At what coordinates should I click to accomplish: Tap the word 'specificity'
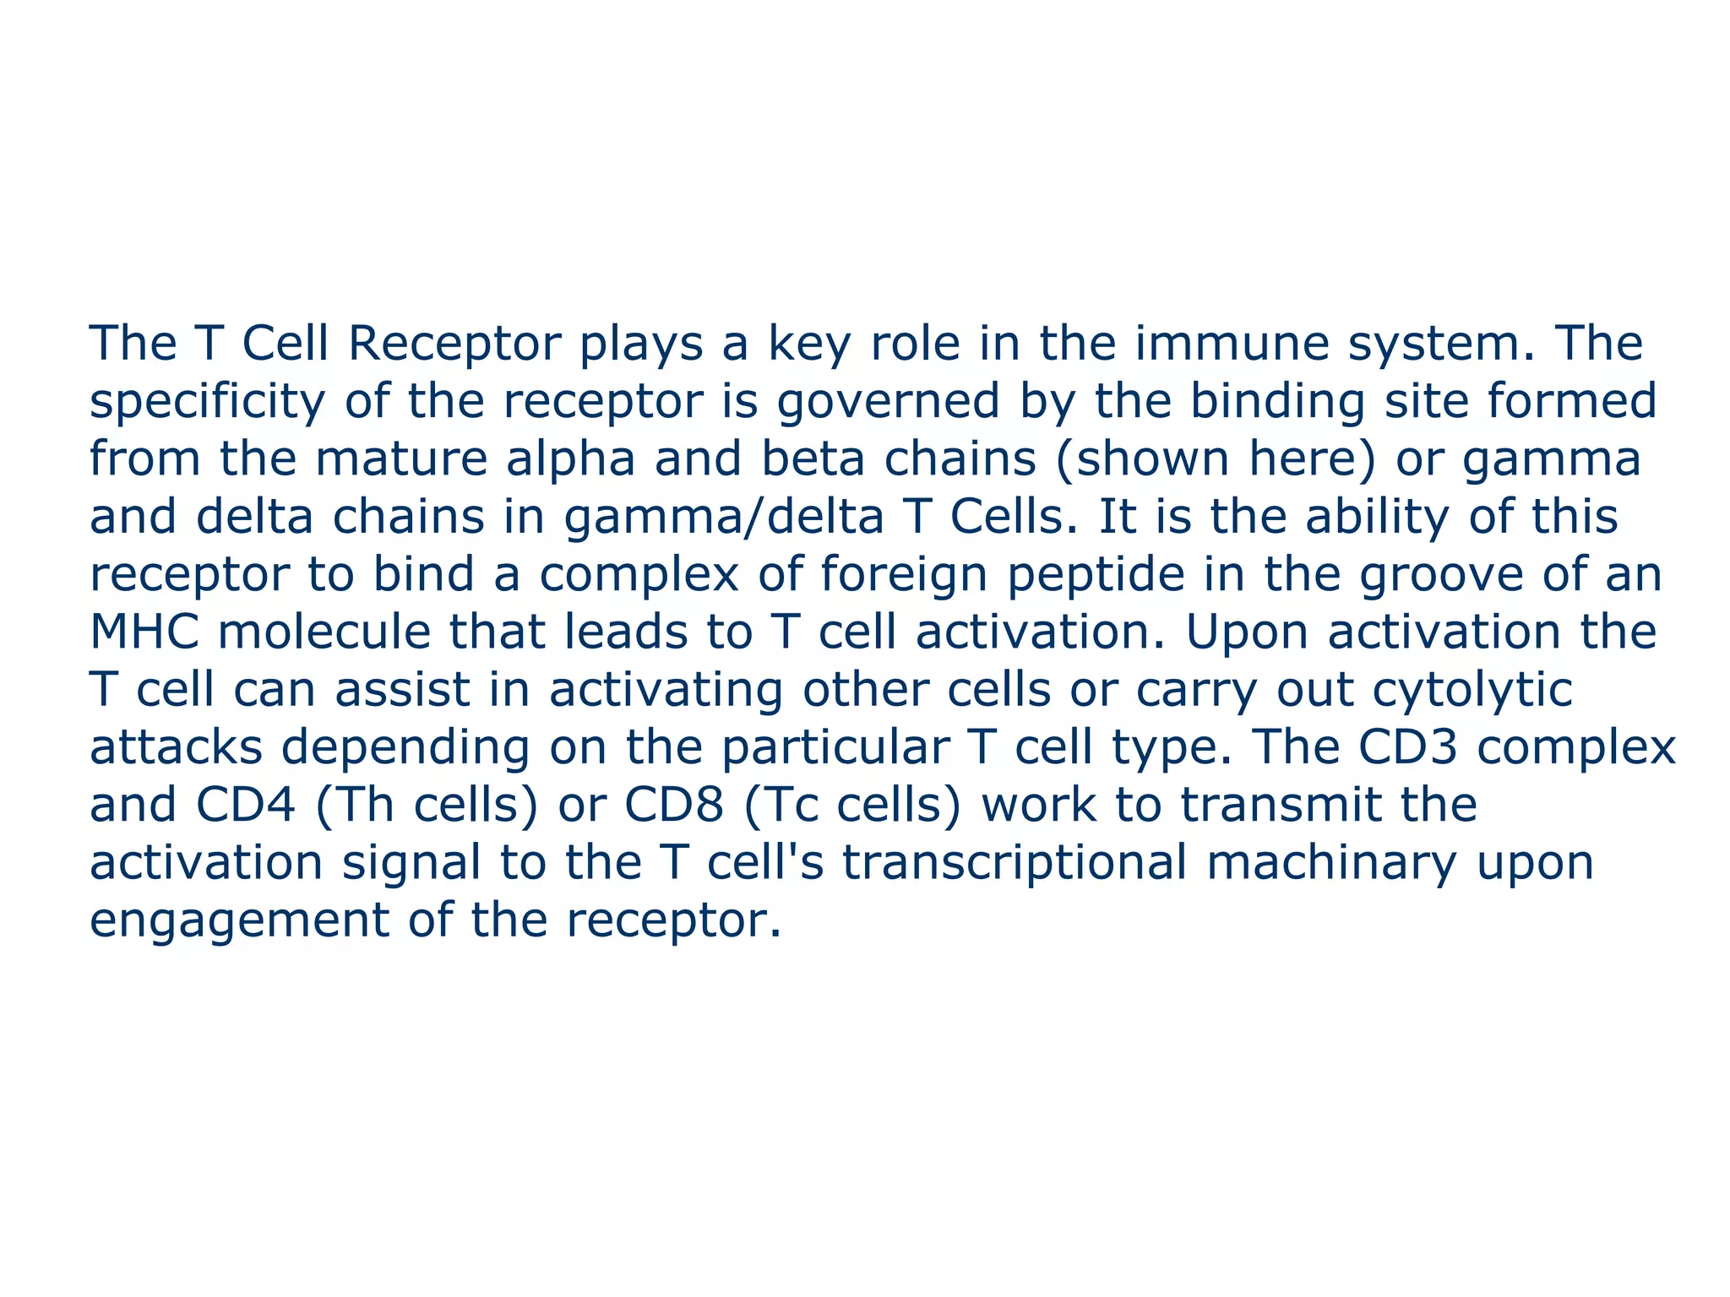[x=207, y=403]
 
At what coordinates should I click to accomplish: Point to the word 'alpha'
[x=570, y=460]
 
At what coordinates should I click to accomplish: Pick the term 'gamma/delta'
[x=724, y=518]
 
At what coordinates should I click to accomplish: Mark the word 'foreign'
[x=904, y=576]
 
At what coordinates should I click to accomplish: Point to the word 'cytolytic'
[x=1472, y=691]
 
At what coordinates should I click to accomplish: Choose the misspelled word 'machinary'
[x=1331, y=862]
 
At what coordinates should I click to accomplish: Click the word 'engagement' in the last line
[x=239, y=921]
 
